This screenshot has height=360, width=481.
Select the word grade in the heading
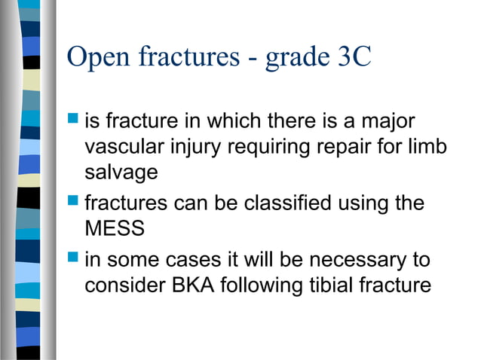pos(294,59)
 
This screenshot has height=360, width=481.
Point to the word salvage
pos(121,172)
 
